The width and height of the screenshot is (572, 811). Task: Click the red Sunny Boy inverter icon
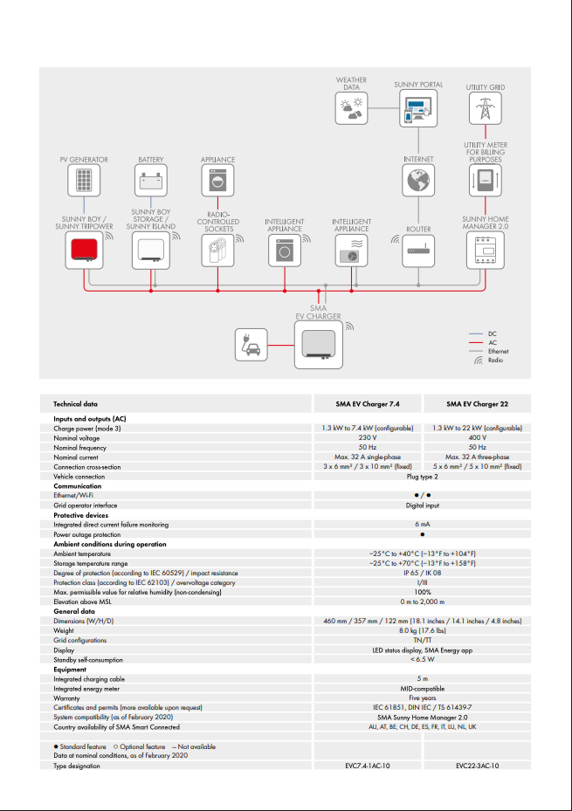84,251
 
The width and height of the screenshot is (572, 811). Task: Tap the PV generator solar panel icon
84,181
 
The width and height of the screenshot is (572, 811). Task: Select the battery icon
151,181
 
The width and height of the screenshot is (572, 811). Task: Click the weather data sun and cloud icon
352,108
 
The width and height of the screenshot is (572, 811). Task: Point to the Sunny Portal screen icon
418,108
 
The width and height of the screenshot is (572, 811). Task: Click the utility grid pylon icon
485,108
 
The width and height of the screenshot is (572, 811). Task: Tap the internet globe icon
418,181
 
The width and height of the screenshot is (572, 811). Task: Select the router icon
418,251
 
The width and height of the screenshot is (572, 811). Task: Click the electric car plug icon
251,344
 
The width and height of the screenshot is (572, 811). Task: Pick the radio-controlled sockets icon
217,251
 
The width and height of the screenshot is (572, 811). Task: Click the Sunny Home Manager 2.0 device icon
485,251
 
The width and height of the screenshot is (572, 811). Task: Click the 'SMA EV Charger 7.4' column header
368,404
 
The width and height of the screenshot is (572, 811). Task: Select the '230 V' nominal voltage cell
368,438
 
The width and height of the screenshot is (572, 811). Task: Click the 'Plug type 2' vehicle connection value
422,477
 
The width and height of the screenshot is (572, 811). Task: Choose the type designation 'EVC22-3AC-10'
477,766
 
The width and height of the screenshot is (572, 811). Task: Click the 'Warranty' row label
68,698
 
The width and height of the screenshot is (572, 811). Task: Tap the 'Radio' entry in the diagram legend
495,360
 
